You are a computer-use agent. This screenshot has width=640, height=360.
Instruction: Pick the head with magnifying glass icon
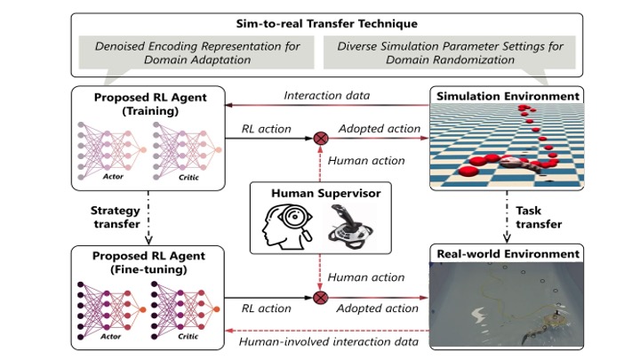288,226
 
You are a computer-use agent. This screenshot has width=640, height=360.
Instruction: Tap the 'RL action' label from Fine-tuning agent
266,308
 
